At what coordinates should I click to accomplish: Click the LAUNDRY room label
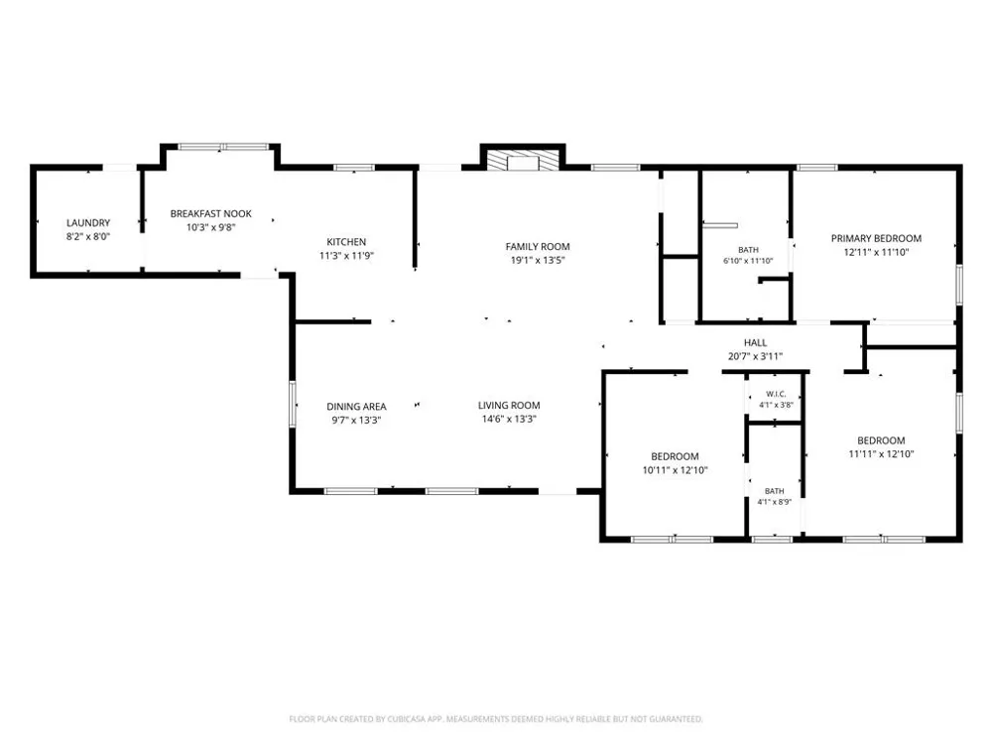click(88, 222)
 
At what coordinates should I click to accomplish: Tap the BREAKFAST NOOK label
click(210, 214)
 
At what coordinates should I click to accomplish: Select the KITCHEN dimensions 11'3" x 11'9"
click(346, 256)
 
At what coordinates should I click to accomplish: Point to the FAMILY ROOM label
click(537, 247)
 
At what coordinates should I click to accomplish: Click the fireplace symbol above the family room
click(523, 161)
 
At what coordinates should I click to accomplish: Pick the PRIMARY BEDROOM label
click(876, 238)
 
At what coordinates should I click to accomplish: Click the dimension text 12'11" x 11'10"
click(876, 252)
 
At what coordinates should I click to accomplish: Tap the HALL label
click(755, 343)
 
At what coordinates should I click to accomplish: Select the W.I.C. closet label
click(776, 394)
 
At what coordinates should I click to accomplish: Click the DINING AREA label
click(356, 407)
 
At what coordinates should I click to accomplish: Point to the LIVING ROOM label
click(509, 406)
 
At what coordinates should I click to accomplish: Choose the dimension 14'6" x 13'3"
click(509, 419)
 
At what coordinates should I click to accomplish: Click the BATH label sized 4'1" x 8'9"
click(775, 491)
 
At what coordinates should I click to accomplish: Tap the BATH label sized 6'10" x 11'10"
click(748, 250)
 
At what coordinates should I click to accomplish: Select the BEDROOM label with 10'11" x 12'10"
click(675, 456)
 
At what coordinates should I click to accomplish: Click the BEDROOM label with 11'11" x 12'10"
click(881, 441)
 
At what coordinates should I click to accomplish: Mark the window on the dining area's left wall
click(293, 403)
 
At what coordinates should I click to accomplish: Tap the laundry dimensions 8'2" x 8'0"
click(88, 237)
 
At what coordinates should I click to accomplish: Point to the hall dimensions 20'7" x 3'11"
click(755, 356)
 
